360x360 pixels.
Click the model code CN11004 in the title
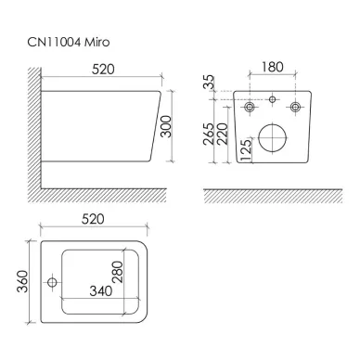click(55, 42)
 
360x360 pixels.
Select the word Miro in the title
click(97, 42)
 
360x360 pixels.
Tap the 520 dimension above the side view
click(103, 70)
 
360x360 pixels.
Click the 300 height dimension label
click(166, 126)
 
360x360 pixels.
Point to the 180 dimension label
click(273, 67)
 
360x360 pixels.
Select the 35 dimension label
click(209, 83)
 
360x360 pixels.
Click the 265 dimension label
click(209, 134)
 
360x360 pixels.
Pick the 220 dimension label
click(223, 134)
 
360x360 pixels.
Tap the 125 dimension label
click(246, 149)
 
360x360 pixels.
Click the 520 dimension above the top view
click(93, 219)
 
